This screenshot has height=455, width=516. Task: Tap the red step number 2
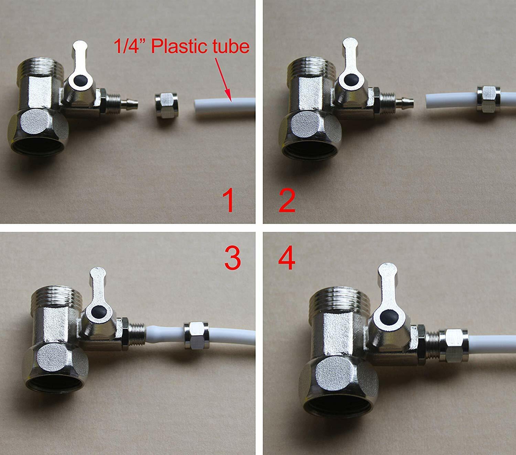[287, 201]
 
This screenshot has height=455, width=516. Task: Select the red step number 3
[233, 259]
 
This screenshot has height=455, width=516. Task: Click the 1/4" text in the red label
[130, 46]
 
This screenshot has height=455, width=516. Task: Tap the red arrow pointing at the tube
[223, 79]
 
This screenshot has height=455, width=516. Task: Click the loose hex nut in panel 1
[166, 105]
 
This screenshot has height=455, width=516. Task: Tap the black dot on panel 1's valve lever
[79, 80]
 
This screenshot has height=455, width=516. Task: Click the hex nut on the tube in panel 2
[488, 99]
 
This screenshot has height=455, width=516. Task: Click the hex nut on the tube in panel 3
[196, 335]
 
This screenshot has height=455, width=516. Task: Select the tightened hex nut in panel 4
[454, 346]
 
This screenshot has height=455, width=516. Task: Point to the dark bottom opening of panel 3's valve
[54, 387]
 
